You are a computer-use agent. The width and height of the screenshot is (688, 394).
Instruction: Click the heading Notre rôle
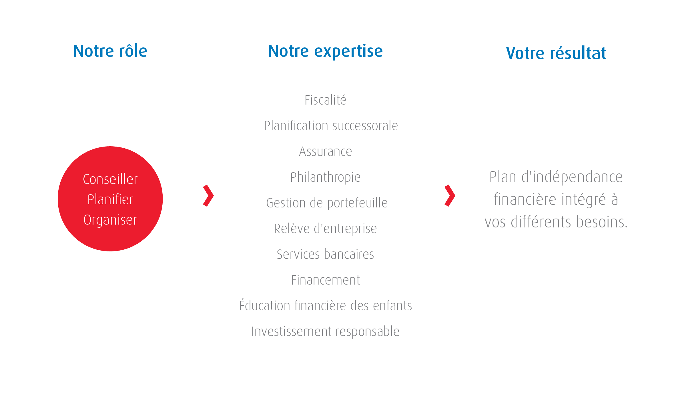coord(110,51)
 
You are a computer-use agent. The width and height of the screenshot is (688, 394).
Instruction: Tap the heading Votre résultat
coord(556,53)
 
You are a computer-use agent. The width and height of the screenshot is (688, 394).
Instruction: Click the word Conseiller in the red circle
coord(110,179)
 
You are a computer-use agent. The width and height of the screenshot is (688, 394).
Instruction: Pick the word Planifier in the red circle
coord(110,199)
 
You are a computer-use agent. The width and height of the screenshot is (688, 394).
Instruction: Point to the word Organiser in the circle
coord(110,220)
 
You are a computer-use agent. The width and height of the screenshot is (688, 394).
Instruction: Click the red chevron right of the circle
coord(208,196)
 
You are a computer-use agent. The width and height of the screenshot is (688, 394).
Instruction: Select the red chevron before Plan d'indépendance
coord(450,196)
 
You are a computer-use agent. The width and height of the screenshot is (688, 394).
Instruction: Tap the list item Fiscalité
coord(325,100)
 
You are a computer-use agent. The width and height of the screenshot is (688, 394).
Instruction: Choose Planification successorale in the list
coord(331,126)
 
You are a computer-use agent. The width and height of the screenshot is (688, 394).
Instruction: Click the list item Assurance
coord(325,151)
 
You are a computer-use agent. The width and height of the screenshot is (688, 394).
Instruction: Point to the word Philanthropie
coord(325,177)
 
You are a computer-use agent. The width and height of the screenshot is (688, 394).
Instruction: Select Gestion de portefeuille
coord(327,203)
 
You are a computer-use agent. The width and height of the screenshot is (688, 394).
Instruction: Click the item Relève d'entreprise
coord(325,229)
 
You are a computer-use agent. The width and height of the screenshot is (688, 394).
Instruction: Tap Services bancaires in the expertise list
coord(325,254)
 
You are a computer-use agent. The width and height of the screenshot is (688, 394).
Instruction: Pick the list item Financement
coord(325,280)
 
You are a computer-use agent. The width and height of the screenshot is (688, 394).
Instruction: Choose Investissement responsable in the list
coord(325,332)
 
